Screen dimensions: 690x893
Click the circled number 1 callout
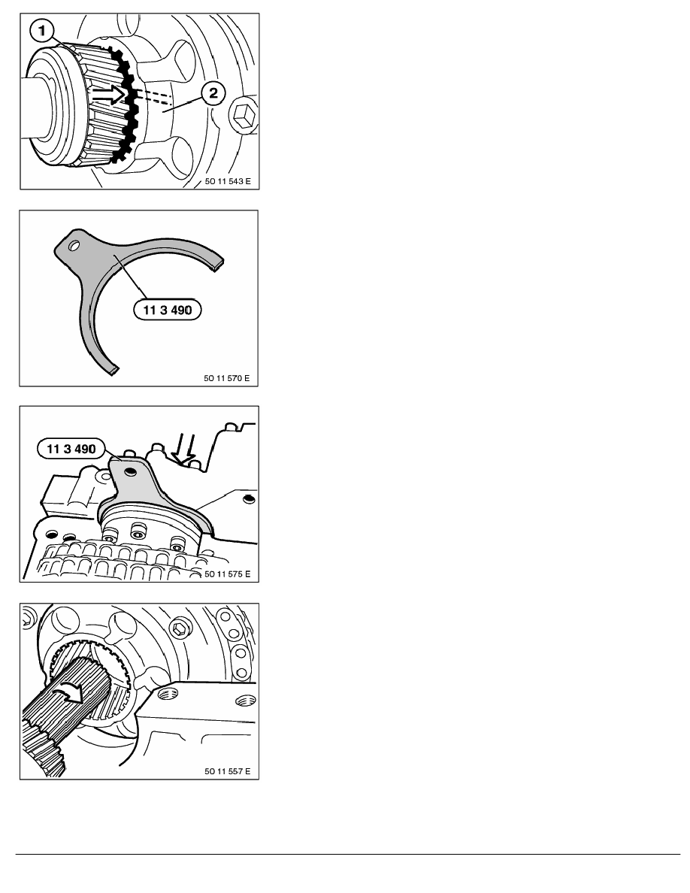point(42,32)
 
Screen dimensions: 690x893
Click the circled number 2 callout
point(213,92)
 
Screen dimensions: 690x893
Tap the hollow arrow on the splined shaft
point(109,95)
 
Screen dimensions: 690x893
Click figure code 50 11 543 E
point(228,182)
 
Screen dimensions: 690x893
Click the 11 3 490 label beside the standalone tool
point(168,310)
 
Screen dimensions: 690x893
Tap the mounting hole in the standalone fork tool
point(73,246)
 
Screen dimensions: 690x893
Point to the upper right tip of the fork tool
point(219,265)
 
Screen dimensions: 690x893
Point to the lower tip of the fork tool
point(113,371)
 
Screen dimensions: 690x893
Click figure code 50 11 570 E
point(226,378)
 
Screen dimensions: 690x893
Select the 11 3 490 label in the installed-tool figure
point(71,449)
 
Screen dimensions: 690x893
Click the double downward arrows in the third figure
point(185,449)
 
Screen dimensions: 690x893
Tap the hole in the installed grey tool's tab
point(132,471)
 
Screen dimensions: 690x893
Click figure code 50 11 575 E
point(227,574)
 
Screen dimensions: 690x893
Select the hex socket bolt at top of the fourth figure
point(180,628)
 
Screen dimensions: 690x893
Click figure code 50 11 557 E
point(227,771)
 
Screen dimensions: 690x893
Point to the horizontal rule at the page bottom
point(348,854)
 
